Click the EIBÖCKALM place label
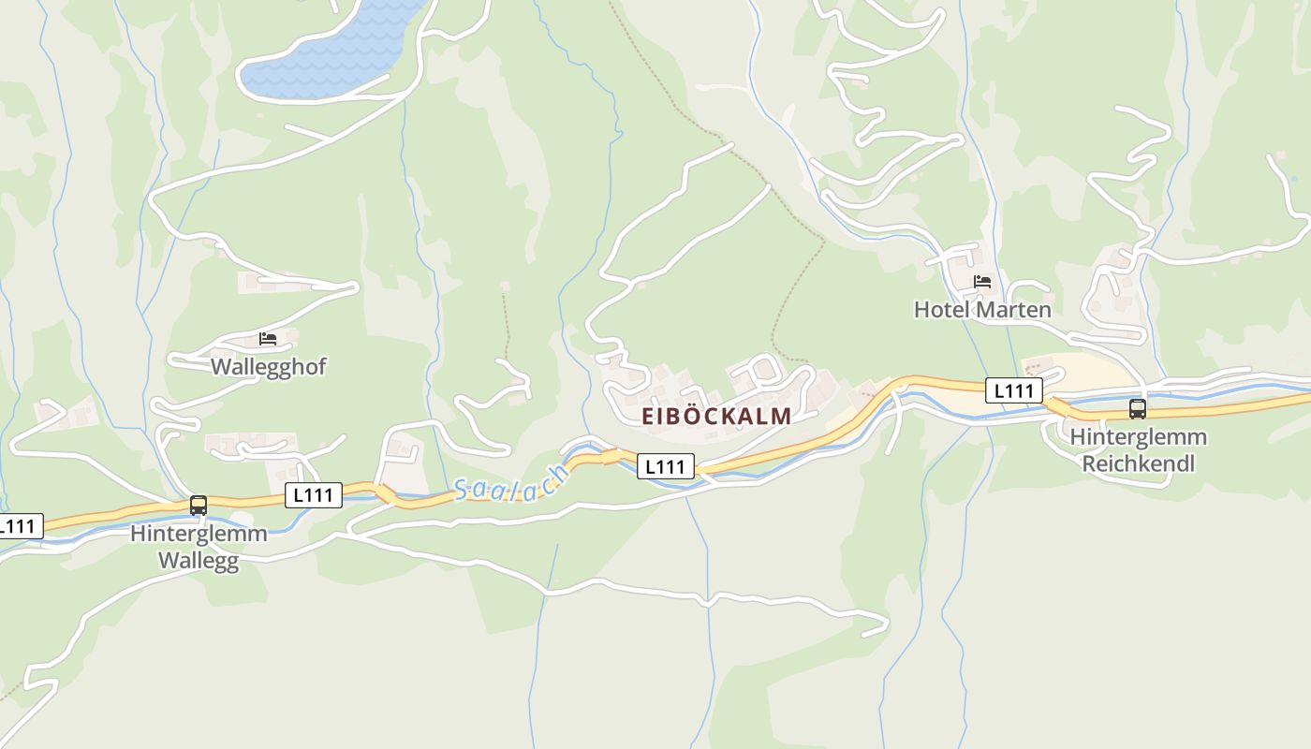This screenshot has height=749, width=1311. coord(716,417)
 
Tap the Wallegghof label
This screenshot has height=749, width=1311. coord(268,366)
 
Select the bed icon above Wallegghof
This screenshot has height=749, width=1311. coord(268,339)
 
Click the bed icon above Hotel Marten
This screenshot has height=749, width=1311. coord(982,282)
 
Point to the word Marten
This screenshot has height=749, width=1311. coord(1013,309)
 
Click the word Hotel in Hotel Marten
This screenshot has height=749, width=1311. coord(942,309)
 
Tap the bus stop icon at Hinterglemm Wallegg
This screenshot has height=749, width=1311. coord(199,506)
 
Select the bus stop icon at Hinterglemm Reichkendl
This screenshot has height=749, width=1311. coord(1138,409)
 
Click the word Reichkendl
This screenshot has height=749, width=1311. coord(1139,463)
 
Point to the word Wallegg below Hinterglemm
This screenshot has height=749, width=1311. coord(199,561)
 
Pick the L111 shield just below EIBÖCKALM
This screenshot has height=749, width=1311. coord(666,465)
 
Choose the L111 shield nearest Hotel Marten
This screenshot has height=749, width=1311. coord(1013,390)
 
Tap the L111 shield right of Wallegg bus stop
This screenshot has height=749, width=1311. coord(313,495)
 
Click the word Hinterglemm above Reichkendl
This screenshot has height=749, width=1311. coord(1139,436)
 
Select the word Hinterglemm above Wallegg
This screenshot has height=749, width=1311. coord(199,534)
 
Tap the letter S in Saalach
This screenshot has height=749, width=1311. coord(462,490)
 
